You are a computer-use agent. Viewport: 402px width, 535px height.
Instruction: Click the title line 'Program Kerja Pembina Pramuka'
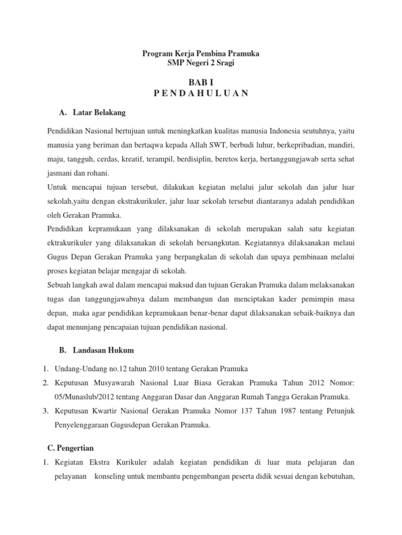click(201, 54)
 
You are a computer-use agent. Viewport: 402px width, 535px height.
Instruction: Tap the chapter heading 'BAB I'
click(201, 83)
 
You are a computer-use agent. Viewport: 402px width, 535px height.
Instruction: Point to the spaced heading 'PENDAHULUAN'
click(201, 94)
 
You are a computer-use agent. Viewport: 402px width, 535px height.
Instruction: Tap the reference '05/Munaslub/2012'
click(85, 397)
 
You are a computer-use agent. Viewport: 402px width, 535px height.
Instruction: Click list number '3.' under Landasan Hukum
click(46, 411)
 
